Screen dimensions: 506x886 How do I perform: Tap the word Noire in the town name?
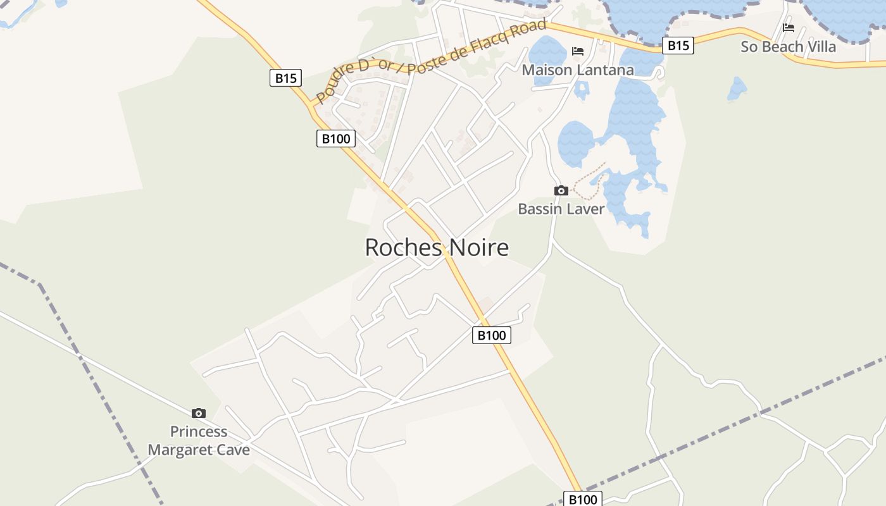tap(479, 247)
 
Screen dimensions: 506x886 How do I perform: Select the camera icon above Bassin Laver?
tap(561, 190)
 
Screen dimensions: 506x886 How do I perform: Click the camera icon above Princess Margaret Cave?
tap(199, 413)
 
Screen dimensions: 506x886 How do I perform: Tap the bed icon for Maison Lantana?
tap(577, 51)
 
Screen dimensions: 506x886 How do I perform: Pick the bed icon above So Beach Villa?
tap(788, 28)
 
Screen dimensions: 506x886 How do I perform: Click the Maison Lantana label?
tap(577, 70)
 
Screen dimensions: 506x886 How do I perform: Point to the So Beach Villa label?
tap(788, 47)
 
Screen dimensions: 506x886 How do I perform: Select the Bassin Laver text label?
tap(561, 209)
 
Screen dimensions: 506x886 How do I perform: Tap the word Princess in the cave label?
tap(199, 432)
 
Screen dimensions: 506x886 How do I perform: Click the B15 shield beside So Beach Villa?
tap(678, 46)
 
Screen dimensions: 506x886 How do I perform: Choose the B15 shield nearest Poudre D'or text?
tap(285, 78)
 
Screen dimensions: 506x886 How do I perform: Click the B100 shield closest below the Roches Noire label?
tap(491, 335)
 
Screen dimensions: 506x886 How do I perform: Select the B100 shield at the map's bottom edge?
tap(582, 499)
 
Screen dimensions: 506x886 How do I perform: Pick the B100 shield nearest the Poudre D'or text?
tap(335, 139)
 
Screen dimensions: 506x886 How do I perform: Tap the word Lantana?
tap(606, 70)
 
